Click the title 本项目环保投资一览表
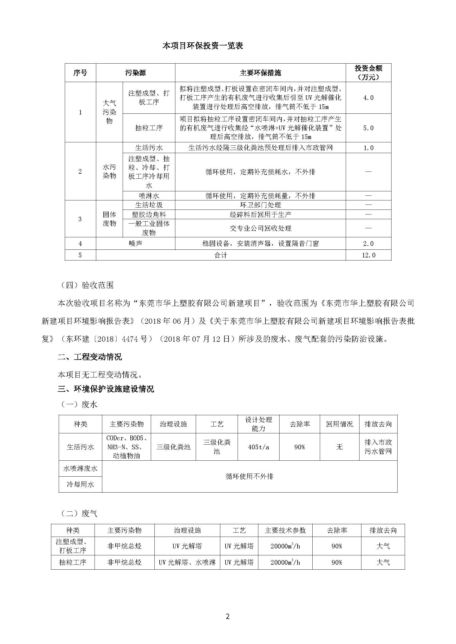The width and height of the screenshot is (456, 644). pos(203,46)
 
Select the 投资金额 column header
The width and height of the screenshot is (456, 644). pos(368,73)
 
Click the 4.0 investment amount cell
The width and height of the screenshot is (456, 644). pos(368,98)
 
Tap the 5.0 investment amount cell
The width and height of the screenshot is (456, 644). pos(368,128)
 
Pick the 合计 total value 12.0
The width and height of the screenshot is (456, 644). pos(368,255)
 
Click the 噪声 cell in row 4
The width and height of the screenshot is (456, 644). pos(135,243)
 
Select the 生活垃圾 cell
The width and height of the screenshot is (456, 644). pos(149,205)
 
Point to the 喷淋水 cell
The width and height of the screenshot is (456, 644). pos(149,196)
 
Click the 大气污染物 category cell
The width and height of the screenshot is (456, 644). pos(109,112)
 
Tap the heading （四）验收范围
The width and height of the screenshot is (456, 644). pos(86,285)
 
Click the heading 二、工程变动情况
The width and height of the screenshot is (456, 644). pos(90,357)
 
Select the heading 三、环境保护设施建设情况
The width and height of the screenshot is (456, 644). pos(106,389)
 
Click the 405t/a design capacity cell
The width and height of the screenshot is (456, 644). pos(258,447)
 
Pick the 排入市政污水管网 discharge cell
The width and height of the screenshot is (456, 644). pos(378,447)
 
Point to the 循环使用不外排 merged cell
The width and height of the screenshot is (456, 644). pos(249,476)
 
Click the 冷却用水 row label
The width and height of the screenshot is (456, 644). pos(80,484)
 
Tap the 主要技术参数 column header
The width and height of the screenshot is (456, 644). pos(285,530)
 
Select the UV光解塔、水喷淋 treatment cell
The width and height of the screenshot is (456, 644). pos(187,562)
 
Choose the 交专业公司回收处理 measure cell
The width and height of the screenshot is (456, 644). pos(260,228)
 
